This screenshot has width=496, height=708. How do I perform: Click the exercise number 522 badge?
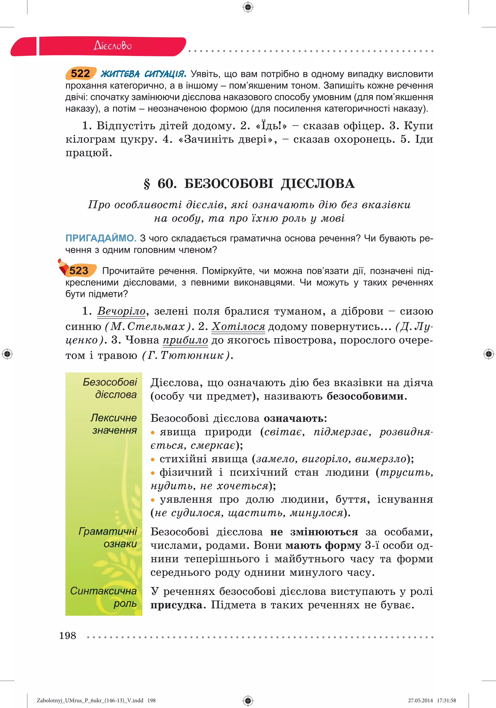point(80,74)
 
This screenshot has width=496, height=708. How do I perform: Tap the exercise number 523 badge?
point(79,270)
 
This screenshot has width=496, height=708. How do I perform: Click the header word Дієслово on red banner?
point(113,46)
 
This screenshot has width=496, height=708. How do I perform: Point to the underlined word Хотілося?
point(238,326)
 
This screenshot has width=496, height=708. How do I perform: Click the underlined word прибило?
point(185,340)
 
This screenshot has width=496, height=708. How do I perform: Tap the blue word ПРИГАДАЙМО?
point(101,238)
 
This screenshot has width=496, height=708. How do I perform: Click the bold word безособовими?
point(366,396)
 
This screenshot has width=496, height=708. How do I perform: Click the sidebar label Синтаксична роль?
point(103,597)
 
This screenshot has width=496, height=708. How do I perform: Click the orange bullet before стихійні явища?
point(152,459)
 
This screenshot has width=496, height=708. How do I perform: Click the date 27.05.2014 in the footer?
point(420,700)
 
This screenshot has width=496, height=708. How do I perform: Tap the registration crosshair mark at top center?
point(248,7)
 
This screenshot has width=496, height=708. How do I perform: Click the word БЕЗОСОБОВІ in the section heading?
point(229,184)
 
